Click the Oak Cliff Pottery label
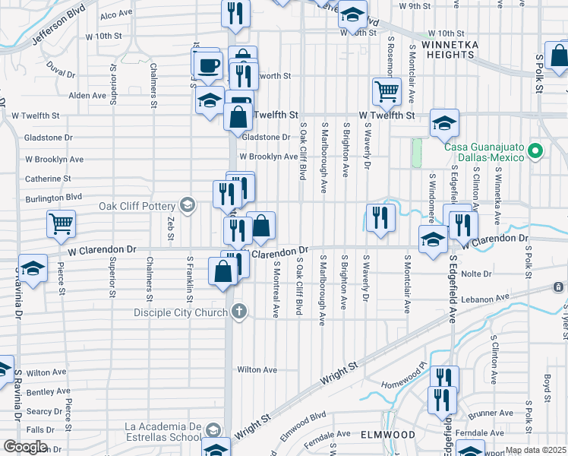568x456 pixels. [138, 205]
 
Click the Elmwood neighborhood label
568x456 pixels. [390, 435]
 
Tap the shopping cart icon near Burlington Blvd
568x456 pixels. [62, 223]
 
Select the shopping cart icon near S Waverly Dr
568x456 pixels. [387, 92]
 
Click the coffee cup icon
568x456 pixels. [208, 65]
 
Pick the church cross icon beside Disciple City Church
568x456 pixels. [238, 312]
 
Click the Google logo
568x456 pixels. [25, 446]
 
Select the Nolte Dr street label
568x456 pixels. [477, 274]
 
